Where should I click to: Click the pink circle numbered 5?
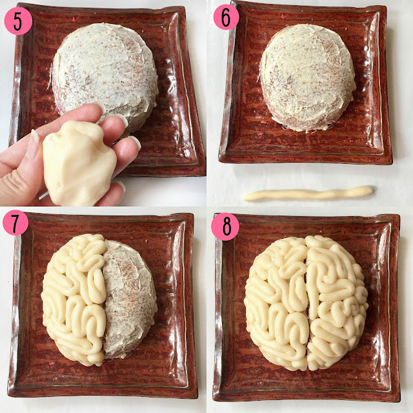[18, 21]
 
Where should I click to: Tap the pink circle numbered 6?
[226, 17]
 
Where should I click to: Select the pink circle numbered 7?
[15, 223]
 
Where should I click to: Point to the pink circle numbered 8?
[225, 227]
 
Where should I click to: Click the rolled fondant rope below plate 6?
[308, 194]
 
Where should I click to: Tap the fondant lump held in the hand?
[79, 163]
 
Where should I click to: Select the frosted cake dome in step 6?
[308, 77]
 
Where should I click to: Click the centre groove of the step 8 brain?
[307, 303]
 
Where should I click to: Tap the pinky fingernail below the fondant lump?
[121, 186]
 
